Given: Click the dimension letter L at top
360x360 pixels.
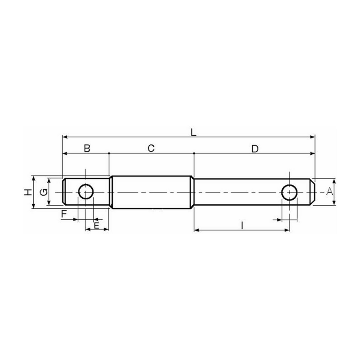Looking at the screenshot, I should pos(193,132).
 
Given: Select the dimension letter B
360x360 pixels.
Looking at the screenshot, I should pos(87,148).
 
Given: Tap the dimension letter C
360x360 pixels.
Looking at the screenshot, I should pos(151,148).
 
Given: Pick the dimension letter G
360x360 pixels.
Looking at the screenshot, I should pos(43,192).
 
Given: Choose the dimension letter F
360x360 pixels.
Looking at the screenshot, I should pos(64,214).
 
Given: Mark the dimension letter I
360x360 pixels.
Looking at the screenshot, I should pos(242,225).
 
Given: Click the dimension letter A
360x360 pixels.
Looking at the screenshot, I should pos(329,192).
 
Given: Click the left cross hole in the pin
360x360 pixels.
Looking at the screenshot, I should pos(85,192).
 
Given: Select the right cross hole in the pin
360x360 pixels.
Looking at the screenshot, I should pos(289,192).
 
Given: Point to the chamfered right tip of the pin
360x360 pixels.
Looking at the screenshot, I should pos(313,192).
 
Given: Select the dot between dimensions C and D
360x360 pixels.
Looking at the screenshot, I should pos(193,153).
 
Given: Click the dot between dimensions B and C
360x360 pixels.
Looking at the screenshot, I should pos(109,153).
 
